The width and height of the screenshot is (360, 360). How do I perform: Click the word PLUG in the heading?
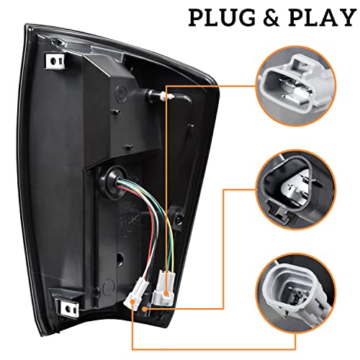point(222,17)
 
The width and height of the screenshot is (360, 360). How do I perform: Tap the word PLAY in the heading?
point(322,17)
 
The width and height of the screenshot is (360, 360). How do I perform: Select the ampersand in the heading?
point(272,17)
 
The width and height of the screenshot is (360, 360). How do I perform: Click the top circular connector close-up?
point(297,86)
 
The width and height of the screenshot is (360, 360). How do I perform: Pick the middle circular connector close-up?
point(297,189)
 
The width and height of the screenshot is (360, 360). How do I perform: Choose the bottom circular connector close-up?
point(297,293)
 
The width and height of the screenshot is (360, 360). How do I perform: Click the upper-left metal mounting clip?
point(55,61)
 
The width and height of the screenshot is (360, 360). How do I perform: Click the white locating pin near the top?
point(168,96)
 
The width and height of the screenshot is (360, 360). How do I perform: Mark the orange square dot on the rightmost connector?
point(166,293)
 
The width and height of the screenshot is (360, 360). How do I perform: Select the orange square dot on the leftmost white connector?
point(132,302)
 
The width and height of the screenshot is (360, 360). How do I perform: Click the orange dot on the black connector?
point(144,309)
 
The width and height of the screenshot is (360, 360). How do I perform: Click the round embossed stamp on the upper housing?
point(120,92)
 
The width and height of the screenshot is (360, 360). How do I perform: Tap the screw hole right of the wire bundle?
point(178,218)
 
